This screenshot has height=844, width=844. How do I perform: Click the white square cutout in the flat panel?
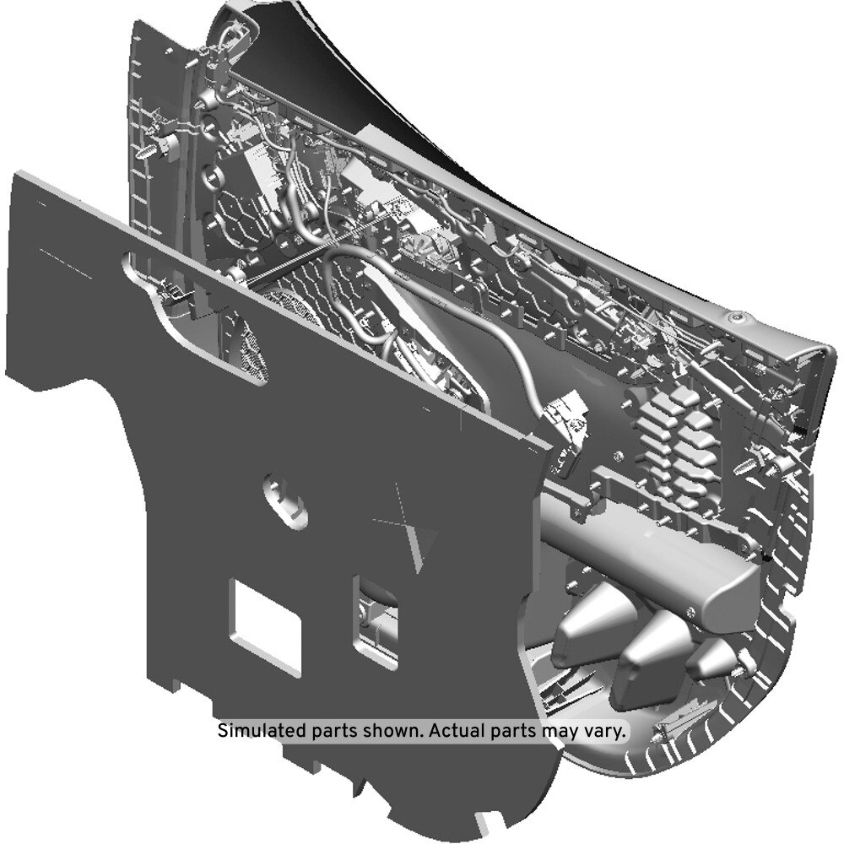(x=265, y=626)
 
